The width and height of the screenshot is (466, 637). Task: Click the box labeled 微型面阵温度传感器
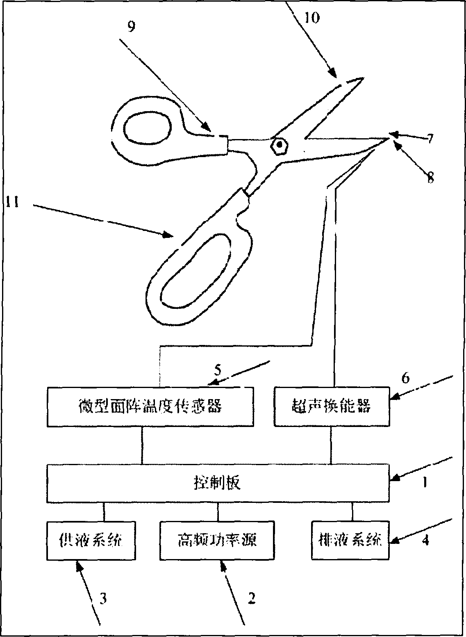[x=150, y=406]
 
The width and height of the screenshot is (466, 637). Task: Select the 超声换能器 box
[x=331, y=406]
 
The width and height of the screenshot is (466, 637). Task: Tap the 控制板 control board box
[x=217, y=483]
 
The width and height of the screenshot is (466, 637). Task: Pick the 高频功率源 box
[x=217, y=540]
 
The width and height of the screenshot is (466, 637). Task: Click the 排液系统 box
[x=350, y=540]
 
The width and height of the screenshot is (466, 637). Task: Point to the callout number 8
[x=430, y=178]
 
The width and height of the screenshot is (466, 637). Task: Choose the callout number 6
[x=405, y=377]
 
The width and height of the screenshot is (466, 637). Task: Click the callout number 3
[x=103, y=598]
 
